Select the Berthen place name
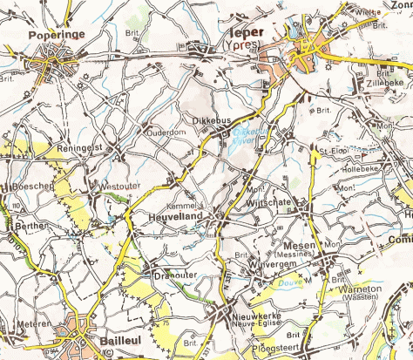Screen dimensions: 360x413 pos(31,224)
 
